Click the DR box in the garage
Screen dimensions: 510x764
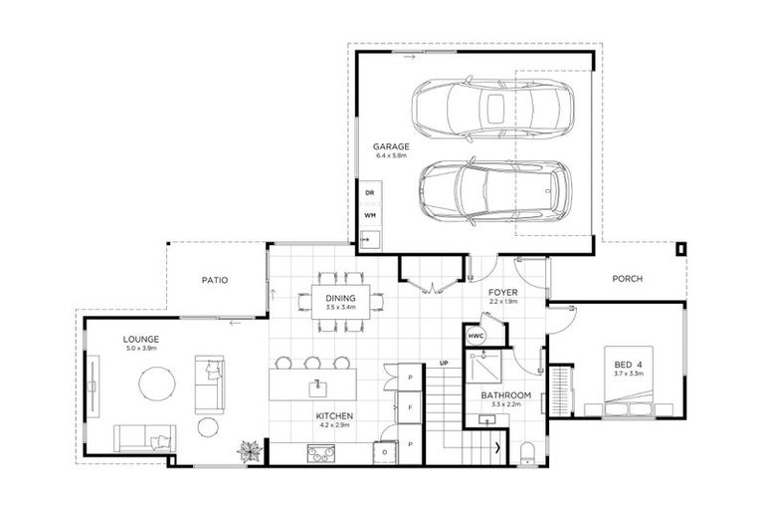coord(370,192)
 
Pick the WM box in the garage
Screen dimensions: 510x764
coord(370,214)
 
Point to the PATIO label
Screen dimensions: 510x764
coord(214,281)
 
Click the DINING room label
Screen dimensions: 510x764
coord(340,296)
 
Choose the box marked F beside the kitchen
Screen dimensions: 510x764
coord(410,407)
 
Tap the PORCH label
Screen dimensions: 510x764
coord(628,280)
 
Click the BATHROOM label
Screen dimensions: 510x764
coord(506,395)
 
